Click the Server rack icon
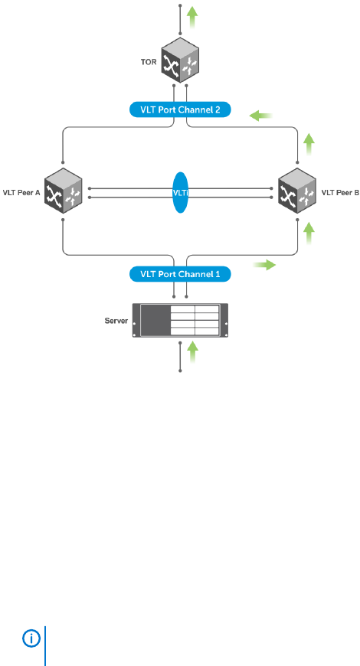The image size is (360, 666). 180,320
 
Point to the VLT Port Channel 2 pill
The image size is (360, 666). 180,109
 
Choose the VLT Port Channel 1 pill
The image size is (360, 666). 180,274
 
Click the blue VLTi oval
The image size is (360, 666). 181,192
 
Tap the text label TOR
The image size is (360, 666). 149,62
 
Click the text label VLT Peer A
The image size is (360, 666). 21,192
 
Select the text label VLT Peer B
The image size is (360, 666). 340,192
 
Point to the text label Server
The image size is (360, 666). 116,321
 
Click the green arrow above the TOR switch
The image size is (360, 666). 193,17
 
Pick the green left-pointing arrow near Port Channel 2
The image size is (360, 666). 260,115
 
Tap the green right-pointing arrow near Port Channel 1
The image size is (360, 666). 264,266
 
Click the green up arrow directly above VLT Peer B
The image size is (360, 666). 309,145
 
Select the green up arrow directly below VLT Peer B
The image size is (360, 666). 309,233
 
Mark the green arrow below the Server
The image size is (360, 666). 193,352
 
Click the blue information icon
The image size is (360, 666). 31,638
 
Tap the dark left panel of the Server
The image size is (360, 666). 155,320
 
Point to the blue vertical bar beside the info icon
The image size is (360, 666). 45,645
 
